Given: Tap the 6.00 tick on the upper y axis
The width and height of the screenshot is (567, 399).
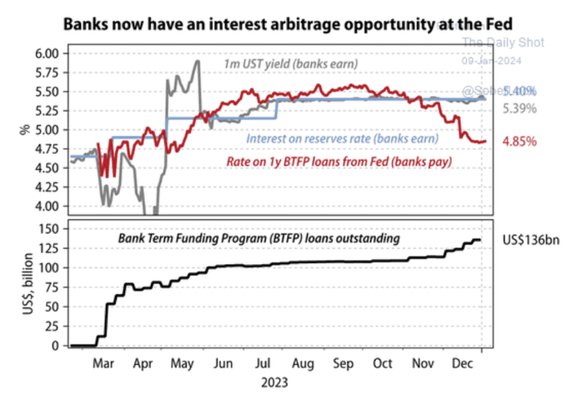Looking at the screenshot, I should tap(47, 53).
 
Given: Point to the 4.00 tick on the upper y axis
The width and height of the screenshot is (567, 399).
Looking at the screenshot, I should tap(47, 206).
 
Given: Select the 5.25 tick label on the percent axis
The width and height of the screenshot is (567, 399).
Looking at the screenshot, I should tap(47, 111).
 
